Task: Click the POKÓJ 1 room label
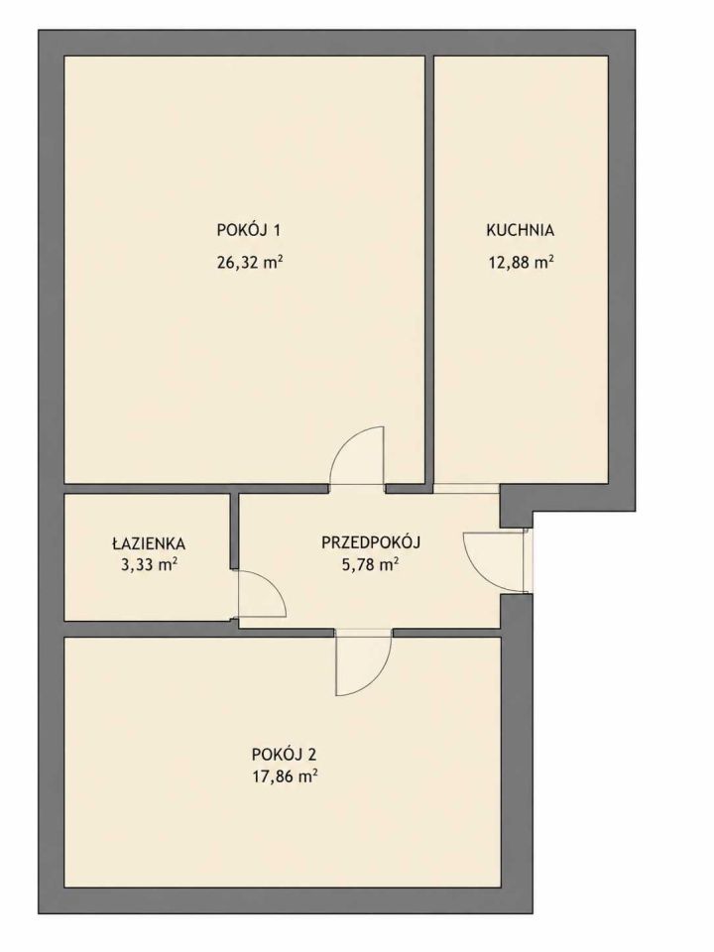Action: [x=248, y=230]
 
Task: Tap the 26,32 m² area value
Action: [x=250, y=262]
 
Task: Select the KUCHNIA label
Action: [x=521, y=230]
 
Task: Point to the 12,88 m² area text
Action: [x=521, y=262]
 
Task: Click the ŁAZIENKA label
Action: [x=149, y=543]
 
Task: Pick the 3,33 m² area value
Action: [x=150, y=565]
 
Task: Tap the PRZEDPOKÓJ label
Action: [x=371, y=541]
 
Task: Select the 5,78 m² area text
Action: [x=370, y=565]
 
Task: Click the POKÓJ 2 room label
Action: [x=285, y=755]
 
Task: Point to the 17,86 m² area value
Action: [x=285, y=776]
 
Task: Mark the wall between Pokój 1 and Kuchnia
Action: [x=429, y=270]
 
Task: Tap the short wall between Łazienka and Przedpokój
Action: [x=234, y=532]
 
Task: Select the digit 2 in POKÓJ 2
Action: [x=312, y=755]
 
